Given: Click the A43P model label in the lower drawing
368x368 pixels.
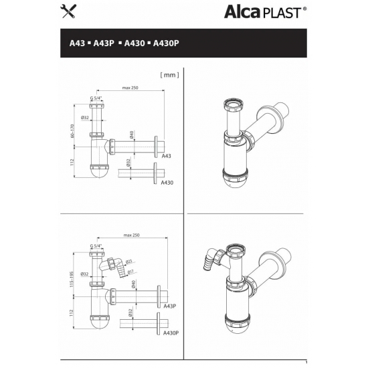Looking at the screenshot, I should point(169,306).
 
